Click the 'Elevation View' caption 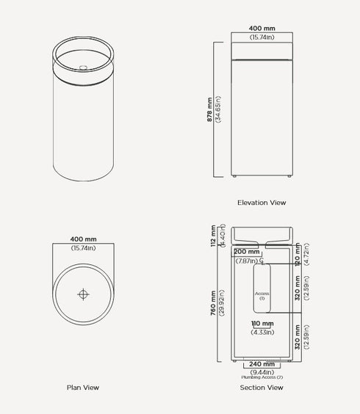pos(262,203)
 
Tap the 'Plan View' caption pos(82,388)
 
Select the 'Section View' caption pos(262,388)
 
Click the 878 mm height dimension pos(209,109)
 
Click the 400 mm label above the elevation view pos(262,28)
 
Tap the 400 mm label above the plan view pos(83,239)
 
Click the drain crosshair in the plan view pos(83,294)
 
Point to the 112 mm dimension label pos(212,235)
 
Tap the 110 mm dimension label pos(262,324)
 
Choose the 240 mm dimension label pos(262,364)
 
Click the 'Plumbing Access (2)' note pos(262,377)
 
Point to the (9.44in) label pos(262,371)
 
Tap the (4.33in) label pos(262,332)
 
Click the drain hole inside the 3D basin pos(82,68)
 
